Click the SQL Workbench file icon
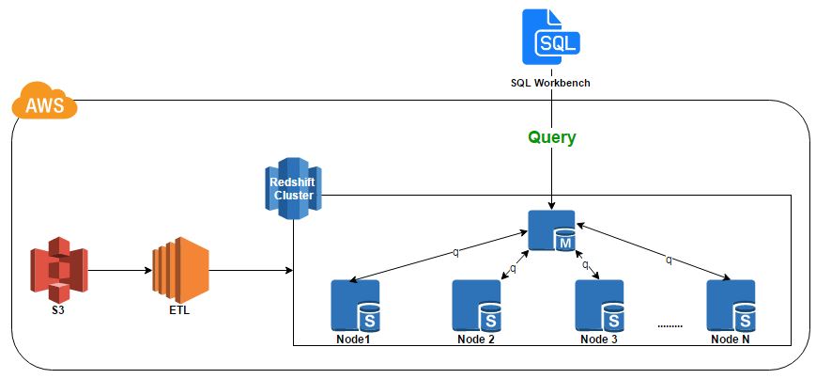point(551,38)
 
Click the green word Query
point(551,137)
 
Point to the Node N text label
point(731,339)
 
